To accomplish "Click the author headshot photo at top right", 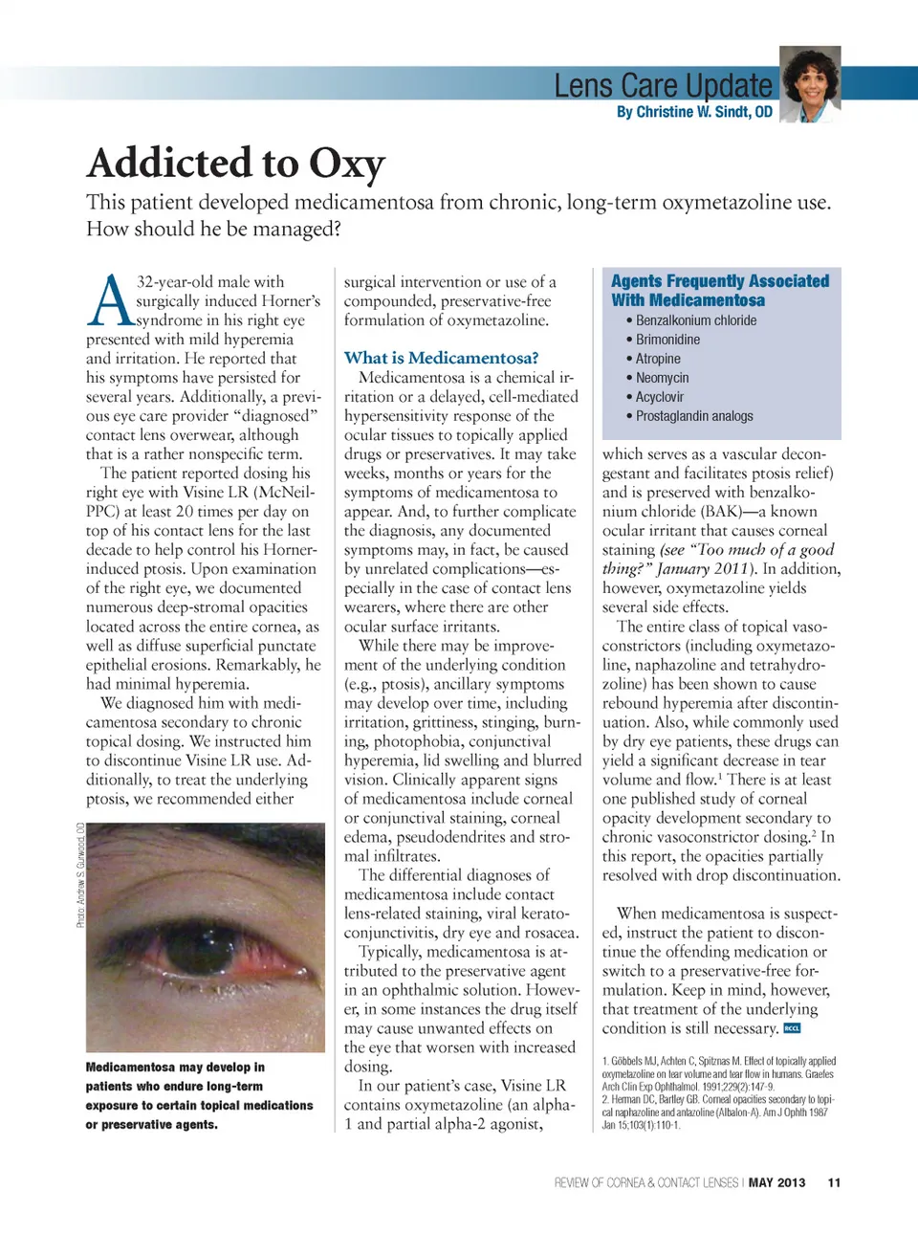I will click(x=810, y=84).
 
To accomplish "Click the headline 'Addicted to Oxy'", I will click(x=236, y=163).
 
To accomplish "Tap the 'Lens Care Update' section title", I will click(x=663, y=85).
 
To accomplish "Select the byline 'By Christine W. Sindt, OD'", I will click(x=694, y=112).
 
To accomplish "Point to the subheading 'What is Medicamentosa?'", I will click(x=441, y=358).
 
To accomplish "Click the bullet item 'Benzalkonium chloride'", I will click(x=695, y=320).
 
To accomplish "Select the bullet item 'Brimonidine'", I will click(x=667, y=340).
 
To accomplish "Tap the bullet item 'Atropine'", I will click(x=658, y=359).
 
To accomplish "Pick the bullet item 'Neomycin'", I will click(x=662, y=378).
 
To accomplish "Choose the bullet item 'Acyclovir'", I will click(x=660, y=397).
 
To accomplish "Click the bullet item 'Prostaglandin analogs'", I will click(x=694, y=416).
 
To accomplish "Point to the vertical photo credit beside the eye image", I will click(x=81, y=874).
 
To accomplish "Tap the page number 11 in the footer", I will click(x=834, y=1182).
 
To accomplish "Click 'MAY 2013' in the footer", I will click(x=776, y=1182).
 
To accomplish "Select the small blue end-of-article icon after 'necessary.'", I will click(x=792, y=1028).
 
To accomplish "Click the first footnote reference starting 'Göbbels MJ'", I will click(x=718, y=1073).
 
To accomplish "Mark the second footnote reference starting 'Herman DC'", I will click(x=718, y=1112).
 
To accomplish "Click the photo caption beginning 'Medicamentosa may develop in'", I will click(x=199, y=1095).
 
